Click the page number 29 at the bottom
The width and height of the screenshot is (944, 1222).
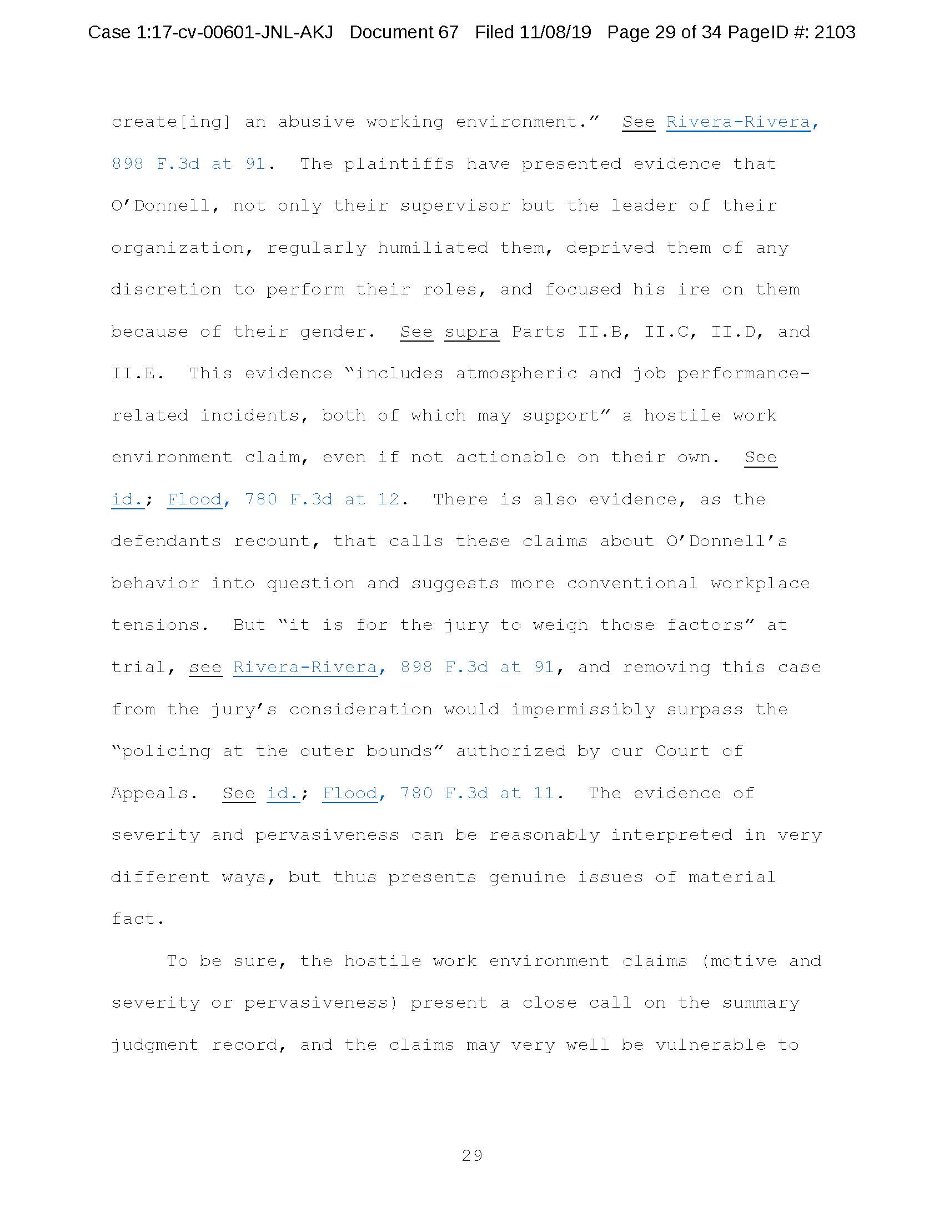point(472,1155)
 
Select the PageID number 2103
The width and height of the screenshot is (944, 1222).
point(835,32)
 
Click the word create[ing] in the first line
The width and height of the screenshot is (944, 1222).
point(170,122)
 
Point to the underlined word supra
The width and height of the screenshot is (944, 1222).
point(471,332)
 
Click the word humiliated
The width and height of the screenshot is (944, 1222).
point(432,248)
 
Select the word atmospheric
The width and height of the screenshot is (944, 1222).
point(516,374)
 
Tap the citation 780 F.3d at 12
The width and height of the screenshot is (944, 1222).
point(322,500)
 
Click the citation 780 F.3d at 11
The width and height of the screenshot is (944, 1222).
point(477,793)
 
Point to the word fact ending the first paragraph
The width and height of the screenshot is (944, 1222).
point(137,919)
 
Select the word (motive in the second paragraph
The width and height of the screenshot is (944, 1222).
point(738,961)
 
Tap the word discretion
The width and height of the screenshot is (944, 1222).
point(166,290)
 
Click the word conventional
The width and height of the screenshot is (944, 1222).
point(632,584)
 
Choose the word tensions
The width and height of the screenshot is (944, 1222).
point(159,625)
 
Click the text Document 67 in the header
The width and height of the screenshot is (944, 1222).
point(404,32)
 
